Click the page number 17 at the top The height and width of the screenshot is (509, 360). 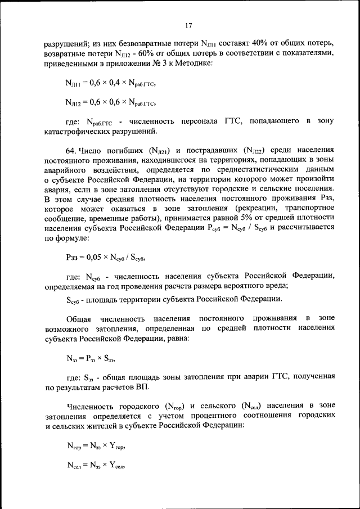188,25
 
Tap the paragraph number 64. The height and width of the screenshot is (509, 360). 73,151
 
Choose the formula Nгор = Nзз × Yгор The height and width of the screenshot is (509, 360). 95,446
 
